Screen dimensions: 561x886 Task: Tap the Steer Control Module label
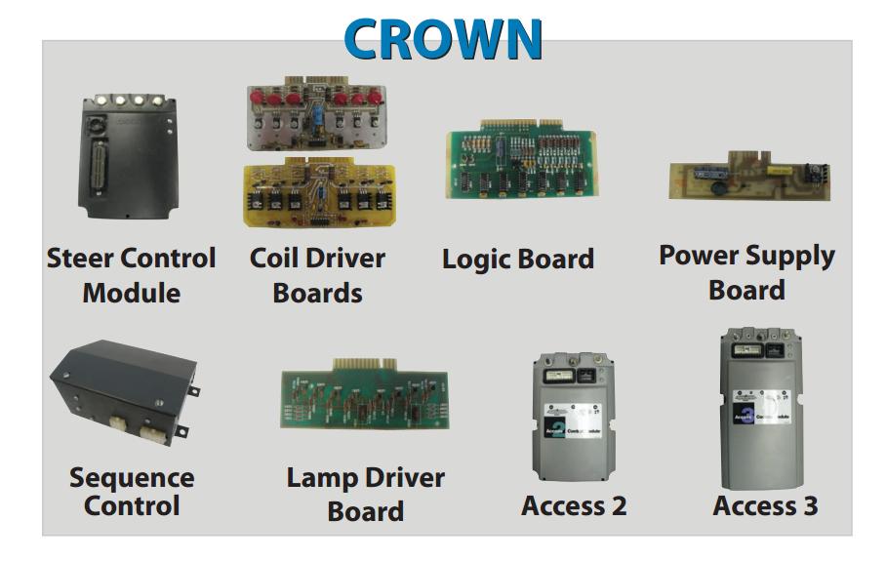(x=132, y=275)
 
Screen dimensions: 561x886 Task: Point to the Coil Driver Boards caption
(x=317, y=275)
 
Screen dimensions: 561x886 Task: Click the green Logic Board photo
(x=522, y=161)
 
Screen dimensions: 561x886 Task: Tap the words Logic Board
(x=517, y=260)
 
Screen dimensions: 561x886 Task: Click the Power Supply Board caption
(x=746, y=272)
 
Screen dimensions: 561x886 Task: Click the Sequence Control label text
(x=132, y=492)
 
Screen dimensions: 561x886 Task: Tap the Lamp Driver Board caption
(x=365, y=494)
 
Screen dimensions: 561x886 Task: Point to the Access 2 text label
(x=574, y=506)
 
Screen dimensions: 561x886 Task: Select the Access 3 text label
(x=765, y=506)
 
